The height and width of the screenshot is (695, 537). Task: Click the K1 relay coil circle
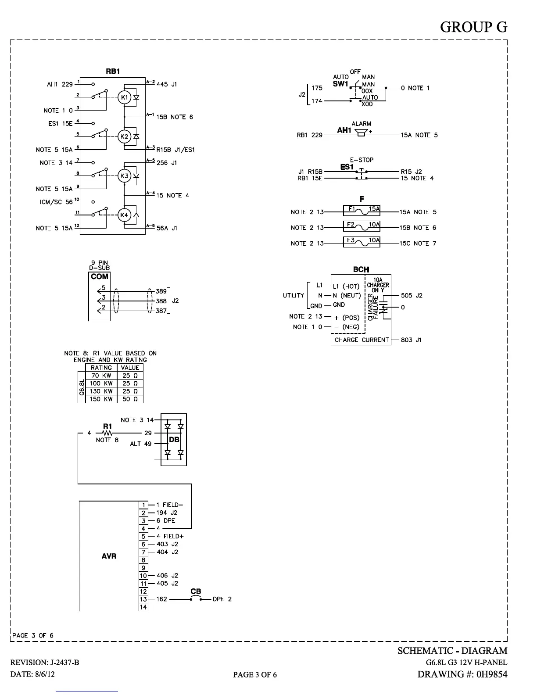125,97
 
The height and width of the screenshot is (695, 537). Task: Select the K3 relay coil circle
125,176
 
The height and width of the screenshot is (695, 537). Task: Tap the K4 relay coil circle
125,215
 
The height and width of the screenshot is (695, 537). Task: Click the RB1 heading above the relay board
113,71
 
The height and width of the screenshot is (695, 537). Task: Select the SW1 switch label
340,84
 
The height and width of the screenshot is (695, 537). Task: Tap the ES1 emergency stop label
347,167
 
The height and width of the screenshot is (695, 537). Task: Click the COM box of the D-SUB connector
99,276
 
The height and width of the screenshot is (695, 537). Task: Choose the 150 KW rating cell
101,399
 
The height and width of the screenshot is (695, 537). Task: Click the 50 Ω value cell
130,399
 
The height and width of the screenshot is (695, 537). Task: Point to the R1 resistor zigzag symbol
107,433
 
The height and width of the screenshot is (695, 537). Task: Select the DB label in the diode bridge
174,440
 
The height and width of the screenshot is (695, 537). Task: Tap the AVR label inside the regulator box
109,556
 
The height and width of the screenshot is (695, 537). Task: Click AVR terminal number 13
143,599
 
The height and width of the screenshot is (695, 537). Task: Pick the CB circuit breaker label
196,591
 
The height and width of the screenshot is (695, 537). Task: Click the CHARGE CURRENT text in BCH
362,340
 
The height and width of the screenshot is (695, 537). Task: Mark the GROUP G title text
473,27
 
